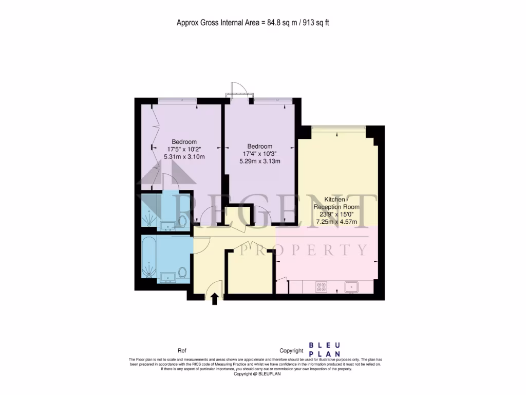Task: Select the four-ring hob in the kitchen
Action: (x=322, y=287)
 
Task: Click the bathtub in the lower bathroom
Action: (x=149, y=256)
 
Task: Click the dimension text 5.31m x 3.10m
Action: (x=184, y=156)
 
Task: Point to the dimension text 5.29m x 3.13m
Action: (x=260, y=161)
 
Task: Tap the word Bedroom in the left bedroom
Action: (x=184, y=142)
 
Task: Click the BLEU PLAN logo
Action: (x=325, y=350)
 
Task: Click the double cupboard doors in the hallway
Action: (x=249, y=244)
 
